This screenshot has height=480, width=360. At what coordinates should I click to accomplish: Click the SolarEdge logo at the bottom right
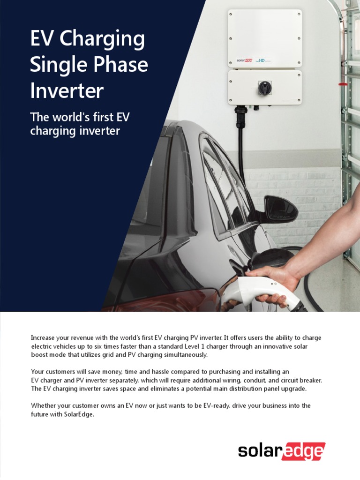(281, 451)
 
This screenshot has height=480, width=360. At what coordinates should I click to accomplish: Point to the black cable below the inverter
(241, 150)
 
